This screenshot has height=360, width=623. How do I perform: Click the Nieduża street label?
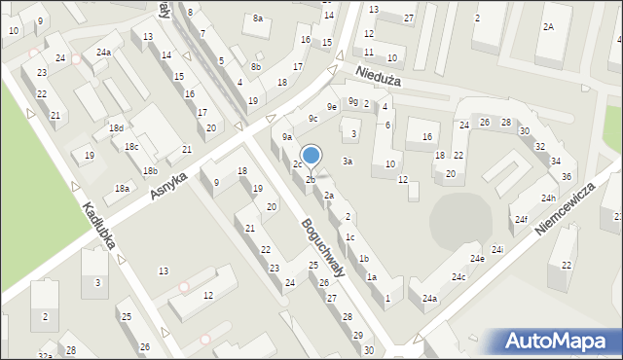(378, 76)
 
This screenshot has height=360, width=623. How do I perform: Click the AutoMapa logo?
(560, 342)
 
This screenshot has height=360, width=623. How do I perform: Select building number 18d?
(117, 128)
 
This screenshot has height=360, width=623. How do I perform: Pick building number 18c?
(131, 147)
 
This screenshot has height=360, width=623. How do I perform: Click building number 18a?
(122, 189)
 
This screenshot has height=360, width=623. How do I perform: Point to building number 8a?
(258, 18)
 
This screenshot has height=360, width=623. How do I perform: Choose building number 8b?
(255, 66)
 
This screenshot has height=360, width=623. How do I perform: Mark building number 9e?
(332, 106)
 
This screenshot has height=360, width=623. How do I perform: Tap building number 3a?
(347, 161)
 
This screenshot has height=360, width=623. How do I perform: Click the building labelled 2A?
(549, 26)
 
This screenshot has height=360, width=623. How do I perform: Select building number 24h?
(549, 198)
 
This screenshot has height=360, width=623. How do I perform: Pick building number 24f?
(522, 220)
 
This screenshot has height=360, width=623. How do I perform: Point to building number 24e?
(477, 259)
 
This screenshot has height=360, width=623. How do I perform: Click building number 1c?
(349, 237)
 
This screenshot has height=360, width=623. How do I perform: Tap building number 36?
(566, 176)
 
